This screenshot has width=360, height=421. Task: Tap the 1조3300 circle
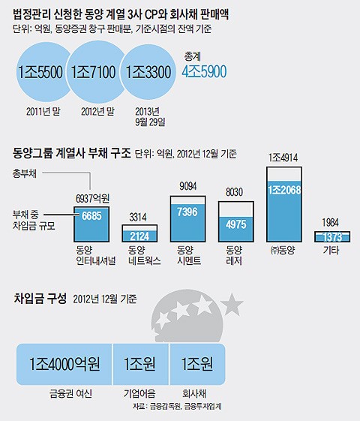point(148,72)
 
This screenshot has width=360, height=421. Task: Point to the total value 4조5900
point(204,71)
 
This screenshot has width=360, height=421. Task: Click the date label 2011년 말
point(43,111)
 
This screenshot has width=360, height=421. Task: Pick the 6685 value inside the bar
point(91,216)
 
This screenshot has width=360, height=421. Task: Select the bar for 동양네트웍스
point(139,233)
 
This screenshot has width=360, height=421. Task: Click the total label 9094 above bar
point(188,186)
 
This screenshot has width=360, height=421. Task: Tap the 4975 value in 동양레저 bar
point(236,224)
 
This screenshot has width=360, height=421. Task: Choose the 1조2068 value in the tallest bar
point(284,190)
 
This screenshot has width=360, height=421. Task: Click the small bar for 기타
point(332,236)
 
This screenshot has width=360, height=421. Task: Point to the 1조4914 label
point(283,158)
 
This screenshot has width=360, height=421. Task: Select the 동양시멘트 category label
point(189,255)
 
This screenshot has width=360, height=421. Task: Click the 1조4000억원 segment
point(64,364)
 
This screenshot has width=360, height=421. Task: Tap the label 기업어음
point(139,394)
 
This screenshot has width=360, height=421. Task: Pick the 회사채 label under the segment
point(194,394)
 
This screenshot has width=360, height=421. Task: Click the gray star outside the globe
point(232,305)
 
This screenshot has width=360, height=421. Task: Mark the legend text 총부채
point(25,173)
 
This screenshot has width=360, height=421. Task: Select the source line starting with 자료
point(177,406)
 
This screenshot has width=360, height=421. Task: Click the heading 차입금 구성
point(40,298)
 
